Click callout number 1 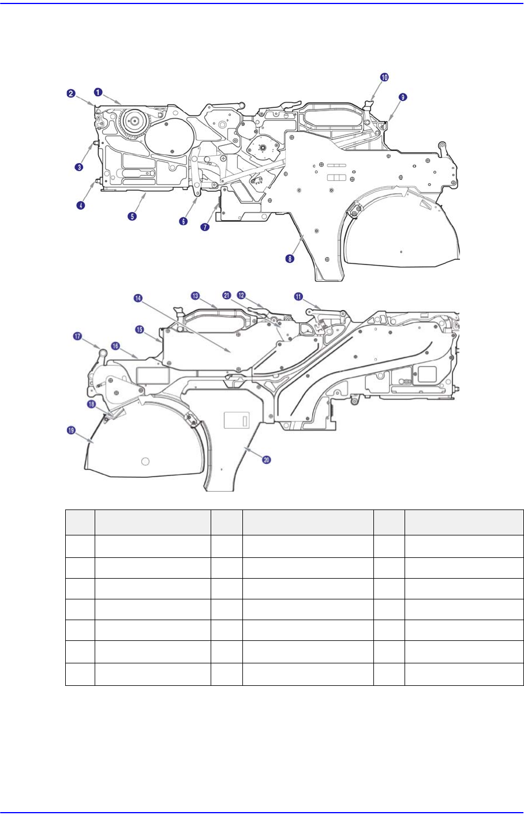pyautogui.click(x=99, y=91)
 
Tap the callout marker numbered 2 pyautogui.click(x=70, y=93)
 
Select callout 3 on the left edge pyautogui.click(x=79, y=167)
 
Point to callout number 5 pyautogui.click(x=132, y=216)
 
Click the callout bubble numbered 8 pyautogui.click(x=290, y=259)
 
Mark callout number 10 pyautogui.click(x=384, y=77)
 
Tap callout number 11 pyautogui.click(x=298, y=297)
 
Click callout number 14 pyautogui.click(x=138, y=298)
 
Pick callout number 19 pyautogui.click(x=71, y=430)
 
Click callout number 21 pyautogui.click(x=226, y=296)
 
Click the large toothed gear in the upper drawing pyautogui.click(x=134, y=122)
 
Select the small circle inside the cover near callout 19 pyautogui.click(x=145, y=461)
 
